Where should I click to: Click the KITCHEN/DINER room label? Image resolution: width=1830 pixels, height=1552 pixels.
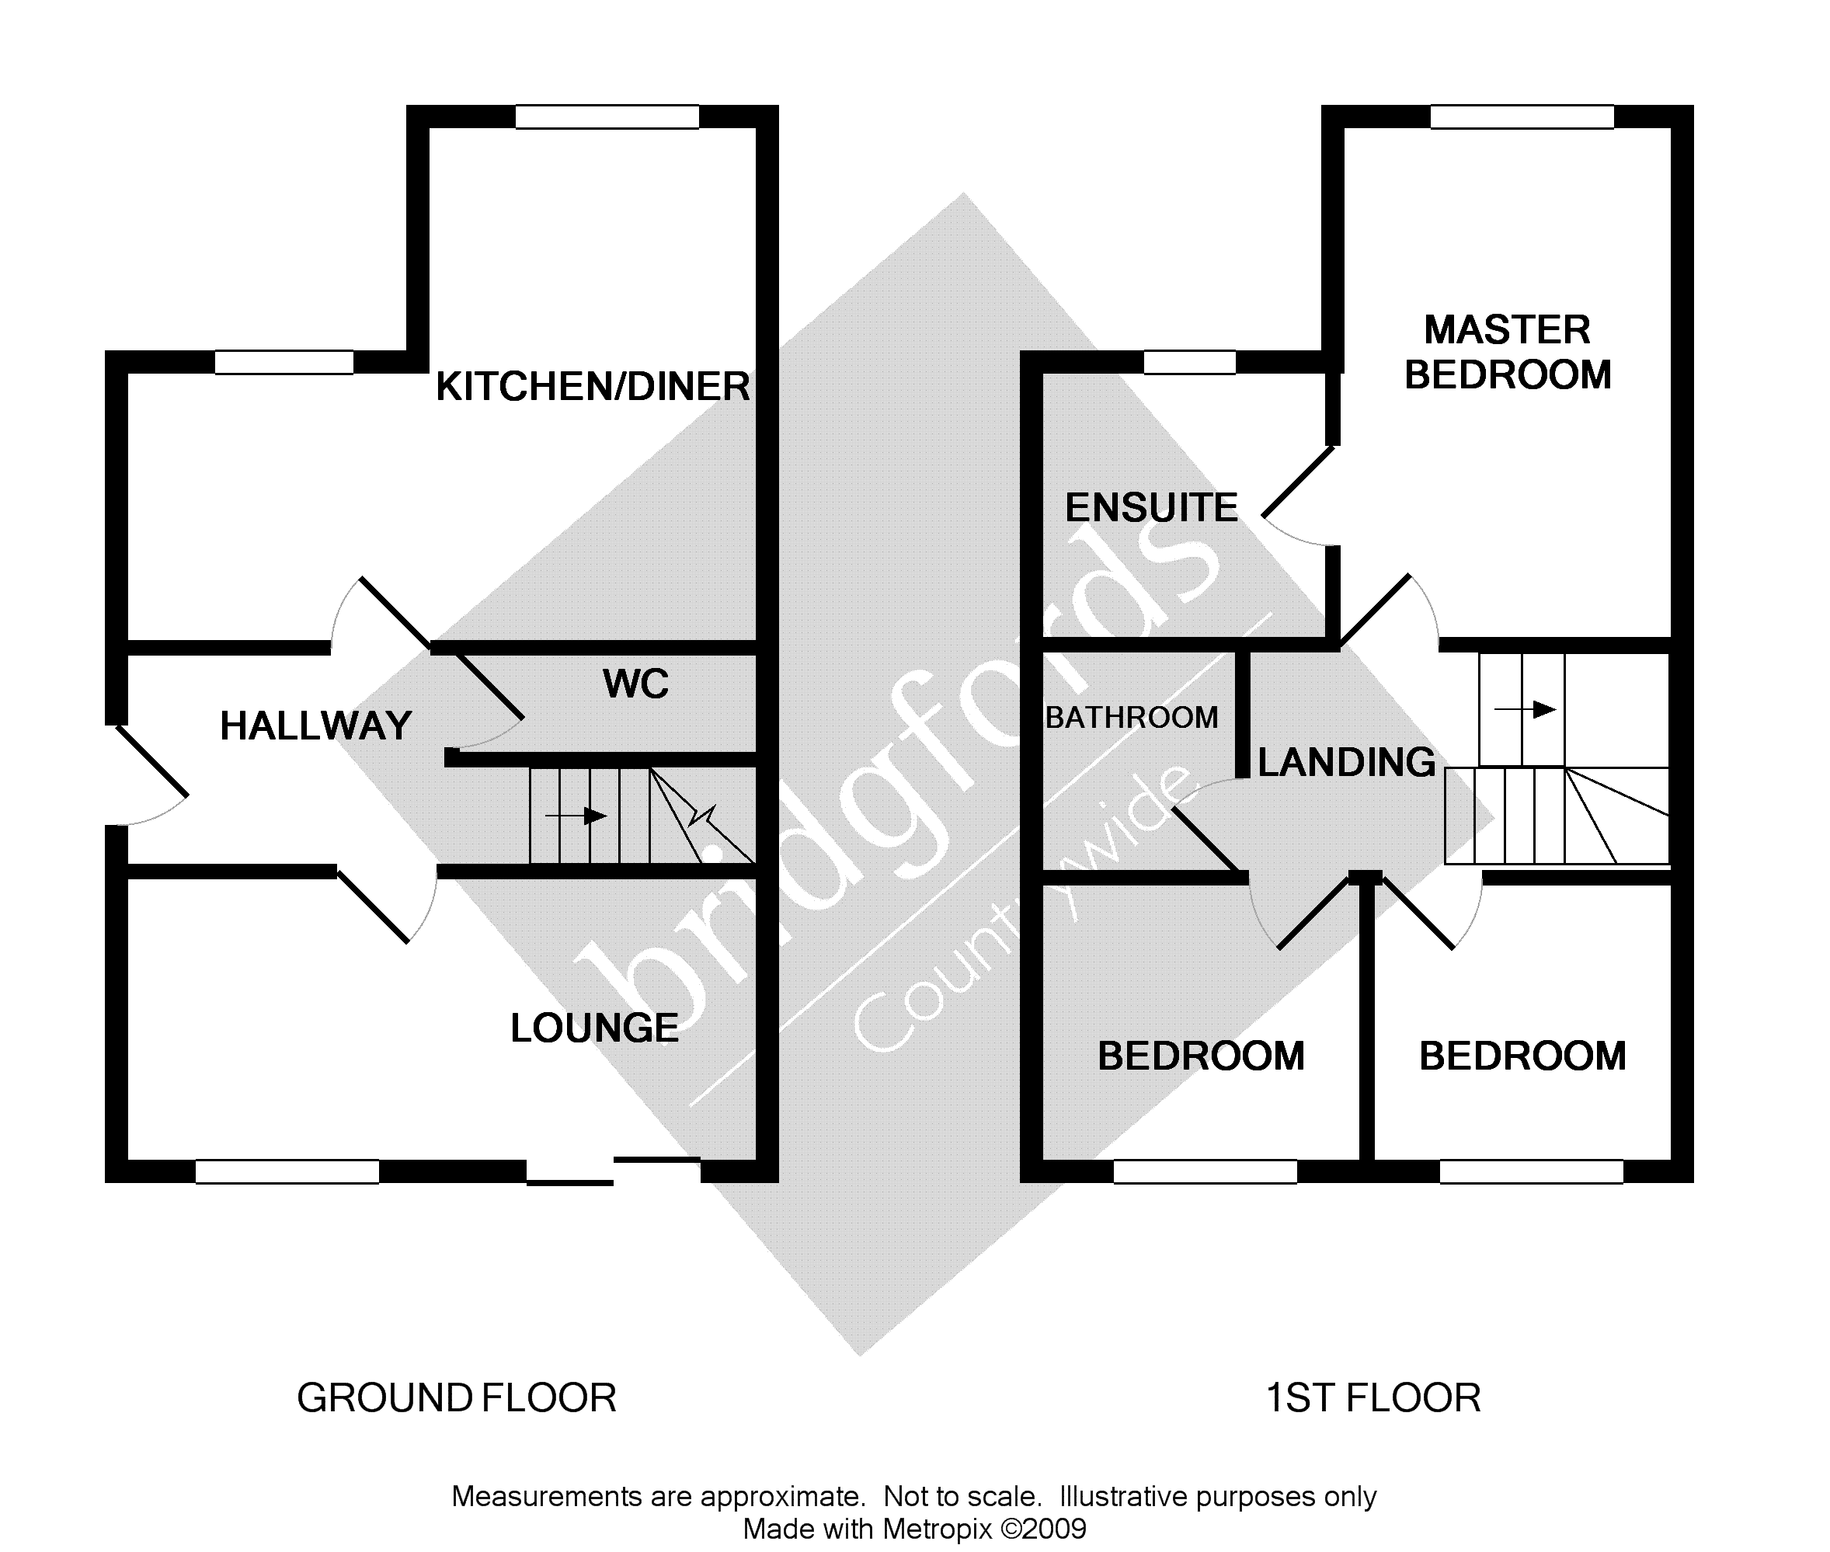pos(592,387)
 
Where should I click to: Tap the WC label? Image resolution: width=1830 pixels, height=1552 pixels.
pos(635,684)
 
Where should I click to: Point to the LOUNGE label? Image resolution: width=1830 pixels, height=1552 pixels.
pos(595,1028)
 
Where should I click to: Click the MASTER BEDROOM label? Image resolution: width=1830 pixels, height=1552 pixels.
pos(1507,353)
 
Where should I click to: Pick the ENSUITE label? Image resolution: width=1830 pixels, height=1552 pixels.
pos(1151,509)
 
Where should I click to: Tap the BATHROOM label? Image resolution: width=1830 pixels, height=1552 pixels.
pos(1132,718)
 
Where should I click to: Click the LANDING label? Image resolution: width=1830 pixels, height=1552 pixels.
pos(1346,763)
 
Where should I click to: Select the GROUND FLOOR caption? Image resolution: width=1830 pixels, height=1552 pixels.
pos(457,1398)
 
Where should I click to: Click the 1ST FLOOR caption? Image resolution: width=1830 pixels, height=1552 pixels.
pos(1372,1398)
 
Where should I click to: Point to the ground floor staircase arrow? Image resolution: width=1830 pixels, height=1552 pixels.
pos(576,816)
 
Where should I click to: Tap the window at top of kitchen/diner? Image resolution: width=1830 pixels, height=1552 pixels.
pos(607,117)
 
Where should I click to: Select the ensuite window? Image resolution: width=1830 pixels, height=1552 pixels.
pos(1189,363)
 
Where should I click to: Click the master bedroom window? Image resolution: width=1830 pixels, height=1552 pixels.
pos(1522,117)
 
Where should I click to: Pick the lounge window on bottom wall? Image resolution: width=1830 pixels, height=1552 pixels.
pos(287,1172)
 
